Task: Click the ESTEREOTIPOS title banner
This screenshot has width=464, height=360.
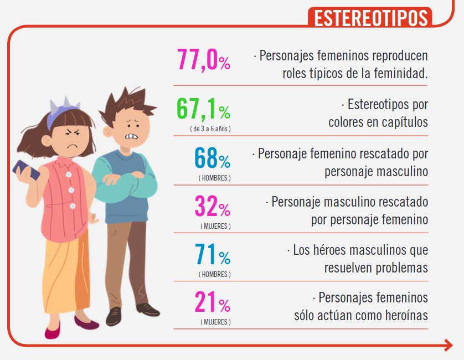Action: [x=370, y=17]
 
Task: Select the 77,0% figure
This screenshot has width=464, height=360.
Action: [x=203, y=59]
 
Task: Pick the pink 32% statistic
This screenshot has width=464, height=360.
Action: [x=212, y=207]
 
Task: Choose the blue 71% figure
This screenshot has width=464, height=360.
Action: [x=212, y=255]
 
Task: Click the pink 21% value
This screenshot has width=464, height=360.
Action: [x=212, y=302]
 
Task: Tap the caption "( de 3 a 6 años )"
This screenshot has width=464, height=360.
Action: [x=210, y=128]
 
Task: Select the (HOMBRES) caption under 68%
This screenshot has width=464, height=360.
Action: [x=215, y=178]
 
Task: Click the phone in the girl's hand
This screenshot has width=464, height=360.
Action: [x=27, y=169]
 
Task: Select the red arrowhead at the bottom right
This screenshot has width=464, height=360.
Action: [x=448, y=346]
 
